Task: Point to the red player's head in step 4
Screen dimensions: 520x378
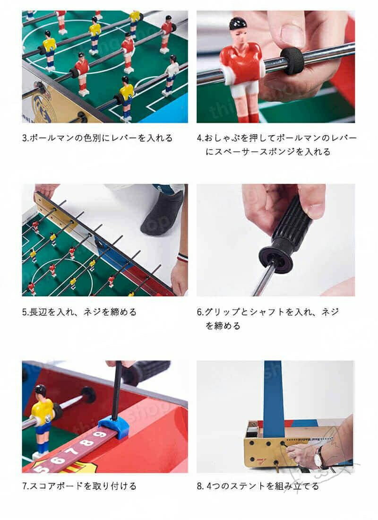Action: coord(238,29)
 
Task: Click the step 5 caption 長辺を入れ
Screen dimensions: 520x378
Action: coord(79,312)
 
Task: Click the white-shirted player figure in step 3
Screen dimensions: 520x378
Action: coord(171,76)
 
